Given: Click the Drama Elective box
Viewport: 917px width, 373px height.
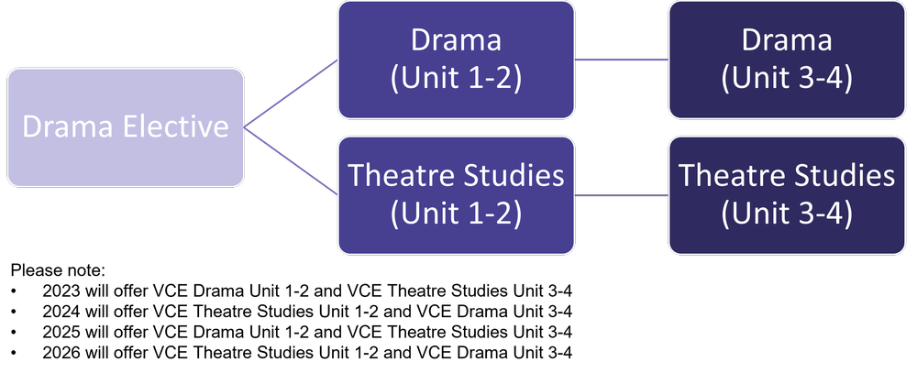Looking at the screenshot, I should (x=126, y=126).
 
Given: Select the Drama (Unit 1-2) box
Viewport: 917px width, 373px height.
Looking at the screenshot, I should (x=456, y=60).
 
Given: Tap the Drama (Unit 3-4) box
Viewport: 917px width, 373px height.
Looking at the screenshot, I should (x=787, y=60).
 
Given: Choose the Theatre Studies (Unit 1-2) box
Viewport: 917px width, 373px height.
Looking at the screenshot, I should (x=456, y=194).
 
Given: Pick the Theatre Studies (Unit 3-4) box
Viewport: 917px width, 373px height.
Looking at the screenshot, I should (x=787, y=194).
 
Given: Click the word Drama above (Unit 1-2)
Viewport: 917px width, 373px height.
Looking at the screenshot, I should (x=456, y=41).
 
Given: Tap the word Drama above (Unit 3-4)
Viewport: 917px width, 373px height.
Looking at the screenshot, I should (x=787, y=41).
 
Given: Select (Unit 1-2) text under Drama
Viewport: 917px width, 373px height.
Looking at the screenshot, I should (x=456, y=79).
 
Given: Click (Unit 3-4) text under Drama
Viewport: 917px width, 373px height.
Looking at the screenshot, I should (x=787, y=79).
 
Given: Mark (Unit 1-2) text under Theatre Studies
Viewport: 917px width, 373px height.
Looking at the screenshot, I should (x=456, y=214).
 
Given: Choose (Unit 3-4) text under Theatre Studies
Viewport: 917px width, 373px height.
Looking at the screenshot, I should (x=787, y=214).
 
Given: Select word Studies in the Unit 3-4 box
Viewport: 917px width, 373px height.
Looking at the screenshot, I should (x=843, y=175).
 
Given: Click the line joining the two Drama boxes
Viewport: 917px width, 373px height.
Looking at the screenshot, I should (x=622, y=60).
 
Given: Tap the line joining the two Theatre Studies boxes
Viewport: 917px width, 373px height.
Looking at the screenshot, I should (x=622, y=194).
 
